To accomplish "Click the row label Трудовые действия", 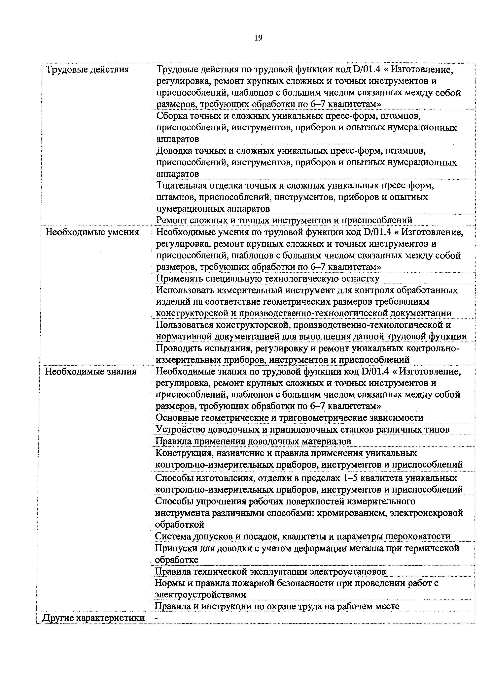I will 88,70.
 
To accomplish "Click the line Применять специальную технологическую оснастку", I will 267,279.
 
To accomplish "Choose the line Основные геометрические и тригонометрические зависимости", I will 289,418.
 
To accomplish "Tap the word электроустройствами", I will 200,594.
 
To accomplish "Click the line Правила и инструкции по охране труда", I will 277,606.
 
